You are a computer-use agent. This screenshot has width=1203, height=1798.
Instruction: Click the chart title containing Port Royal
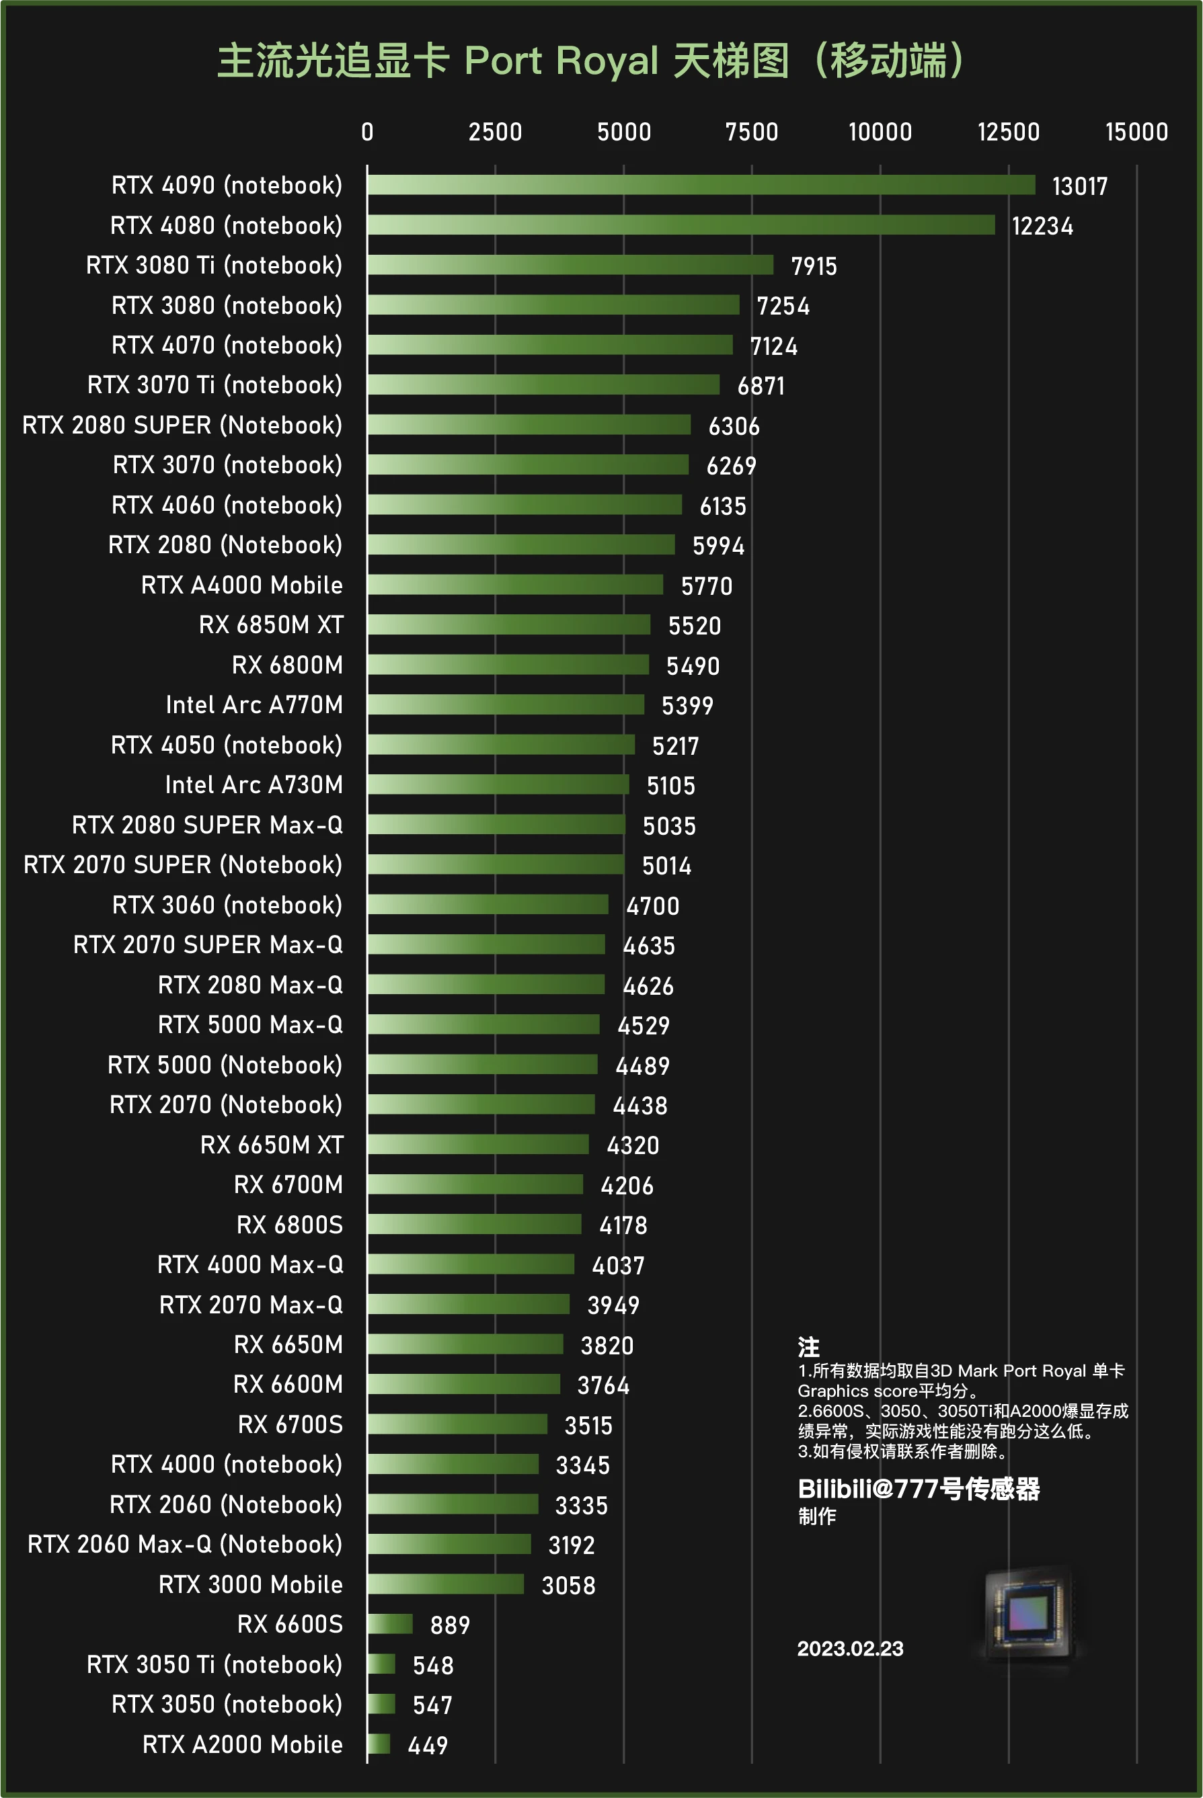591,61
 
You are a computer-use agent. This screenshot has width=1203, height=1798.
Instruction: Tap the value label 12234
1042,227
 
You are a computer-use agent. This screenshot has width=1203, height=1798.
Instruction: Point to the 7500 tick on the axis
751,132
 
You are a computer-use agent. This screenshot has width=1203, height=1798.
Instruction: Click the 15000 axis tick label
1136,132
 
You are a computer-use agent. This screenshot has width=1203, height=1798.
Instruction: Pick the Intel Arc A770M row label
254,704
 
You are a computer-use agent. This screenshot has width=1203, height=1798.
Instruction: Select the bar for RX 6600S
390,1624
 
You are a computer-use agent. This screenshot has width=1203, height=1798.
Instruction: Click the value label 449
428,1746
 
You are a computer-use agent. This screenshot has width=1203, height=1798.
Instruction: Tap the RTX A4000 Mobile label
241,585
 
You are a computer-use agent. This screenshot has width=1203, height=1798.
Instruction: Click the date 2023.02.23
850,1649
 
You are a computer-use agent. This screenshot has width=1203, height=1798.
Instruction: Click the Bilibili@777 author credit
919,1489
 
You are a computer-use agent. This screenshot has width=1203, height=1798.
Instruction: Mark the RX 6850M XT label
271,625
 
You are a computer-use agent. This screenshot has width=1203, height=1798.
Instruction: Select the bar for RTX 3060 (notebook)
487,905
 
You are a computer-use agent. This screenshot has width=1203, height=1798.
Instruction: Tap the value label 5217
675,746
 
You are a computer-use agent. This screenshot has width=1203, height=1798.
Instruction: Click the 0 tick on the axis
368,132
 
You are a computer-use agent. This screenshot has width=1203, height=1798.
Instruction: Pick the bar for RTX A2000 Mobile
378,1744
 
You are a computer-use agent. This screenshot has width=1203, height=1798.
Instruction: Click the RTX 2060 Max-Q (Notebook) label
185,1544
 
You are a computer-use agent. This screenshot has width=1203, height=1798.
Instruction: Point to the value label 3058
568,1586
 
